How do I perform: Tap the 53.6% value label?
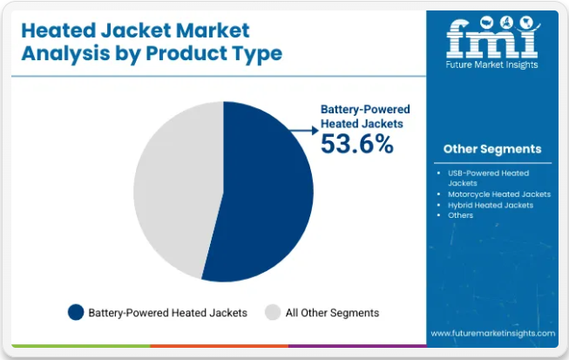coord(357,144)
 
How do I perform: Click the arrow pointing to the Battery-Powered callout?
coord(304,130)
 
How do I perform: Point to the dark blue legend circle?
coord(76,312)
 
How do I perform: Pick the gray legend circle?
coord(273,312)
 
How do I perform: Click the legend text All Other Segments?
coord(332,313)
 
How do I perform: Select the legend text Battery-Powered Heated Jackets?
coord(167,313)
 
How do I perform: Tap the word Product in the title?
coord(186,53)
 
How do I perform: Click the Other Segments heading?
coord(492,149)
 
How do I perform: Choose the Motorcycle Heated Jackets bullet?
coord(499,194)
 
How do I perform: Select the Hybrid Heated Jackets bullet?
coord(491,205)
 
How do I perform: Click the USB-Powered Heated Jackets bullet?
coord(488,178)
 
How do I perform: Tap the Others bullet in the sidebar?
coord(460,215)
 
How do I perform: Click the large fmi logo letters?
coord(492,38)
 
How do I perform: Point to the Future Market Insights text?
coord(491,65)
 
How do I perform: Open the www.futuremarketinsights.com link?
coord(493,333)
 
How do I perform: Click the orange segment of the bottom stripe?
coord(220,346)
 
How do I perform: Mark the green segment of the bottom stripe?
coord(81,346)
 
